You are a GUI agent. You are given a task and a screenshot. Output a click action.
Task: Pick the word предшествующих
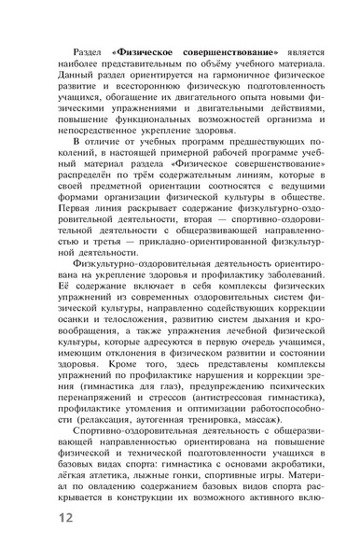266,168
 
